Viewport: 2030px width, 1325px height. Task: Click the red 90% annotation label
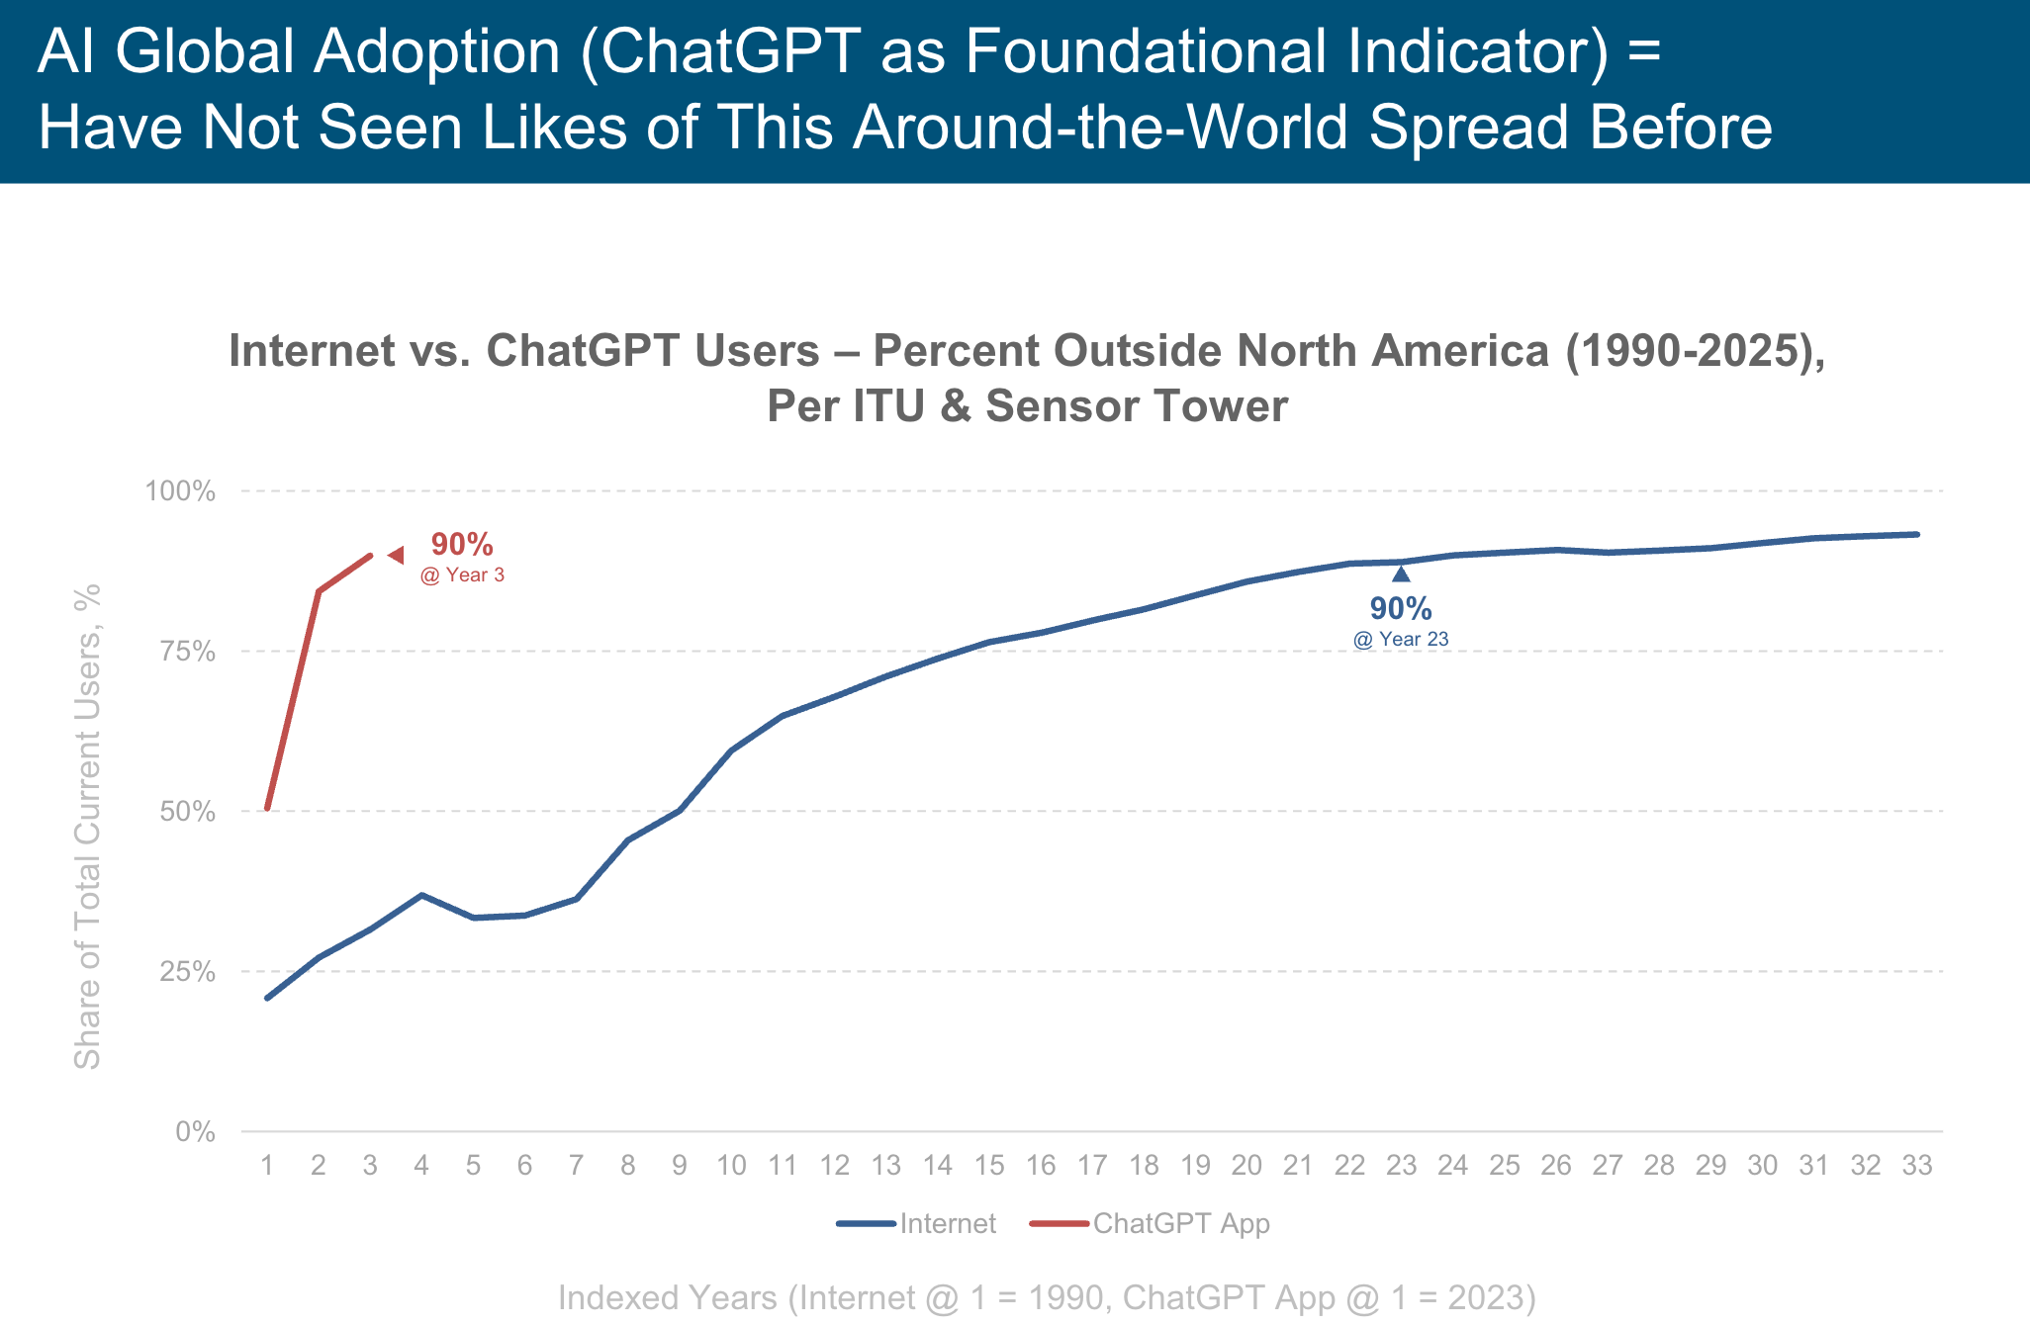click(x=462, y=545)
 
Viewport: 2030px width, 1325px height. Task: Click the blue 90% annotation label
click(x=1401, y=609)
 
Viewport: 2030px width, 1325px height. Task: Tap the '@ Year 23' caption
click(x=1401, y=640)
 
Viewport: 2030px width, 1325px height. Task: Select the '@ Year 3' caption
click(x=462, y=575)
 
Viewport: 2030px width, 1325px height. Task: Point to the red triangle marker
click(x=396, y=556)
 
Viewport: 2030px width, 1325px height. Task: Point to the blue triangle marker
click(x=1401, y=574)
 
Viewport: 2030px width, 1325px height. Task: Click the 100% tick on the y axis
click(x=180, y=491)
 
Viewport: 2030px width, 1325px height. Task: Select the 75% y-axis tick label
click(x=187, y=652)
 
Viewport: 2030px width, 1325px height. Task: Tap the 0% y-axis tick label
click(x=195, y=1132)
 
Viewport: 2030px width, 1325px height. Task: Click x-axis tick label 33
click(x=1917, y=1166)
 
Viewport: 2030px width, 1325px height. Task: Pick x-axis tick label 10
click(x=731, y=1166)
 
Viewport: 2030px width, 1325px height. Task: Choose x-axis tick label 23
click(x=1401, y=1166)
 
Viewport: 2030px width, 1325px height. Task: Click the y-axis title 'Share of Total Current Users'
click(x=88, y=827)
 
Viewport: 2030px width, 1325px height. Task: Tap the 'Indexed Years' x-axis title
click(x=1047, y=1298)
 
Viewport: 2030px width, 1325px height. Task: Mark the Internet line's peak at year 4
click(x=421, y=895)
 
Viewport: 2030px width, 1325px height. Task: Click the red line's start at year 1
click(x=267, y=808)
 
